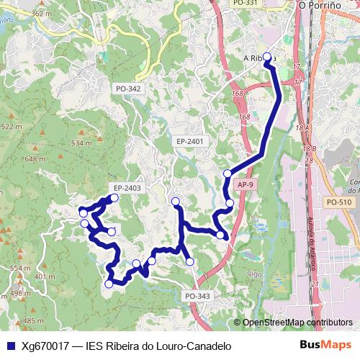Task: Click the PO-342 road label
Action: pyautogui.click(x=128, y=89)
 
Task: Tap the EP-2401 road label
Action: pyautogui.click(x=190, y=142)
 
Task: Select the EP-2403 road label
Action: pyautogui.click(x=127, y=188)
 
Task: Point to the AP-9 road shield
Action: pyautogui.click(x=245, y=185)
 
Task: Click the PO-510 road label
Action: pyautogui.click(x=338, y=202)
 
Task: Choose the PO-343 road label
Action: pyautogui.click(x=197, y=296)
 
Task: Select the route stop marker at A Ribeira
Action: pyautogui.click(x=267, y=57)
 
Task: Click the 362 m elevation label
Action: pyautogui.click(x=41, y=14)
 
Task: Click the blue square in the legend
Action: pyautogui.click(x=9, y=346)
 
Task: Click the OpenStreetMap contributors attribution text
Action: pyautogui.click(x=297, y=323)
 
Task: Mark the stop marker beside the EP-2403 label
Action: pyautogui.click(x=114, y=197)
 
